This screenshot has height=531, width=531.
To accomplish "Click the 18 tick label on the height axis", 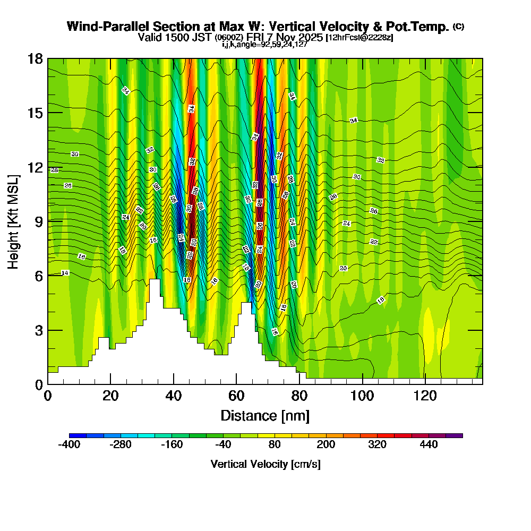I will [35, 58].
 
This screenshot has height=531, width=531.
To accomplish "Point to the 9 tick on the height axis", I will [48, 221].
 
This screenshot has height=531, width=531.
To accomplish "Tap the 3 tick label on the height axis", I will [39, 330].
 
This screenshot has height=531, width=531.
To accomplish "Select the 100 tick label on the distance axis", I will [362, 396].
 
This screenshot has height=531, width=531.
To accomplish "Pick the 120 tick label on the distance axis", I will [425, 396].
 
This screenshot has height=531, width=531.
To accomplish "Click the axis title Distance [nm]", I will [265, 415].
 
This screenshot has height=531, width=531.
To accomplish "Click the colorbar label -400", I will [69, 444].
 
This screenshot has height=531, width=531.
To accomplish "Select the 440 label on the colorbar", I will [429, 444].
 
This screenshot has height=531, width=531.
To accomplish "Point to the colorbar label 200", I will [326, 444].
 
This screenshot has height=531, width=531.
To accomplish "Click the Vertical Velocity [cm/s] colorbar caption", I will [265, 464].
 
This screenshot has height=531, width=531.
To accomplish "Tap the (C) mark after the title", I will [458, 27].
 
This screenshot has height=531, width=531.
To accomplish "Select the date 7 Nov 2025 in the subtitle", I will [296, 37].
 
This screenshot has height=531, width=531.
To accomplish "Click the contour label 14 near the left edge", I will [65, 273].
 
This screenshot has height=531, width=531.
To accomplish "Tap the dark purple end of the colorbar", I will [457, 435].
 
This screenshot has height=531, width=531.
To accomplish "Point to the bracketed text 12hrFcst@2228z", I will [359, 38].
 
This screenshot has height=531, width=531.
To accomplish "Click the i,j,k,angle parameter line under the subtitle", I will [264, 44].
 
